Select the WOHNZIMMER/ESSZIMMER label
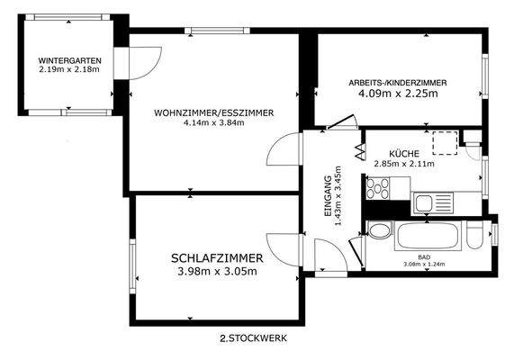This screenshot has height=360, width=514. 213,112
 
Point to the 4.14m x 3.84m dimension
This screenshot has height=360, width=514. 213,123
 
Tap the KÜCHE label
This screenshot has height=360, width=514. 404,154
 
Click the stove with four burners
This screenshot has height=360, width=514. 375,190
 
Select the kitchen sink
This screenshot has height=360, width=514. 423,202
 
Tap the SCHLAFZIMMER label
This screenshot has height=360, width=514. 214,258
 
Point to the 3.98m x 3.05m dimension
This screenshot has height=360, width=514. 214,271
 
